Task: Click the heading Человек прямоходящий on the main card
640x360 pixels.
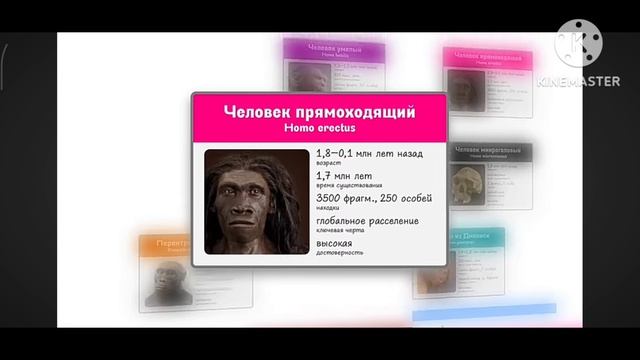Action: point(319,112)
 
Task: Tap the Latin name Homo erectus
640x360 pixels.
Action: point(319,128)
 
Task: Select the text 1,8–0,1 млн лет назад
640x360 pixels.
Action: point(369,153)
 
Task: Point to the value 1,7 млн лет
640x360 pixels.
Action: point(344,175)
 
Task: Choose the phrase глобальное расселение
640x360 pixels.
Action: point(367,220)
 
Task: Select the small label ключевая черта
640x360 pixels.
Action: point(338,229)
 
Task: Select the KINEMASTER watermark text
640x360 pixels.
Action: point(578,81)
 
